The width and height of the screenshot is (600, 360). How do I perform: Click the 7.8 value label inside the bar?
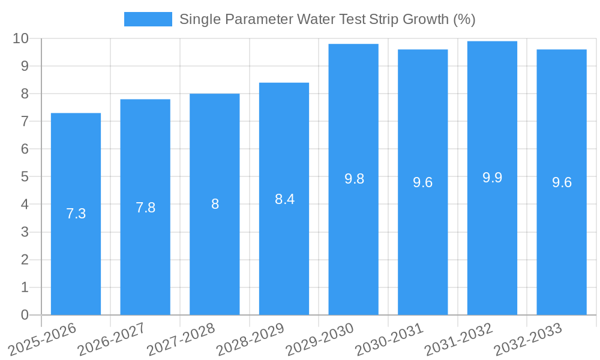click(145, 208)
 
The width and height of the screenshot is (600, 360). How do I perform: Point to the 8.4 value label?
click(284, 199)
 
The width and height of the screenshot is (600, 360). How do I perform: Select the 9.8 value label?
click(354, 179)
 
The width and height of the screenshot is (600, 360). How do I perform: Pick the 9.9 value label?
click(492, 178)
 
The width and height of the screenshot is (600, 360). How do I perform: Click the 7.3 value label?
click(76, 214)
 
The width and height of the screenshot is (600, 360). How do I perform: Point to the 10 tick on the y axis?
click(21, 38)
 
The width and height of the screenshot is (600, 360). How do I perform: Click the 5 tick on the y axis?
click(25, 177)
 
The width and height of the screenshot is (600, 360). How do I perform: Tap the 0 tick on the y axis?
click(25, 315)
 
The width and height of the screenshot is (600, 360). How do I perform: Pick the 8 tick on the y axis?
click(25, 94)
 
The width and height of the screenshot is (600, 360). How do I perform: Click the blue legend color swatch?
click(148, 19)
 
